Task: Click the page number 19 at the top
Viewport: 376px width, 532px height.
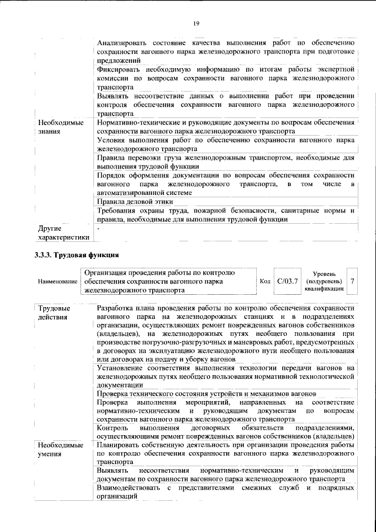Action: [x=196, y=23]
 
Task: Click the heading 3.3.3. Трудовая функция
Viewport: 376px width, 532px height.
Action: [x=77, y=255]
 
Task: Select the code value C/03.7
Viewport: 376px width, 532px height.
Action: [x=288, y=281]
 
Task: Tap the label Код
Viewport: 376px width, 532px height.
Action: [x=265, y=281]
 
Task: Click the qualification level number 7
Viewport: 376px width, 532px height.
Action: [x=352, y=281]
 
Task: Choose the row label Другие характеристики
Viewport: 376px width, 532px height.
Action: [x=63, y=233]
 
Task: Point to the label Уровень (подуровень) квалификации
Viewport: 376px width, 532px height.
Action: [x=324, y=281]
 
